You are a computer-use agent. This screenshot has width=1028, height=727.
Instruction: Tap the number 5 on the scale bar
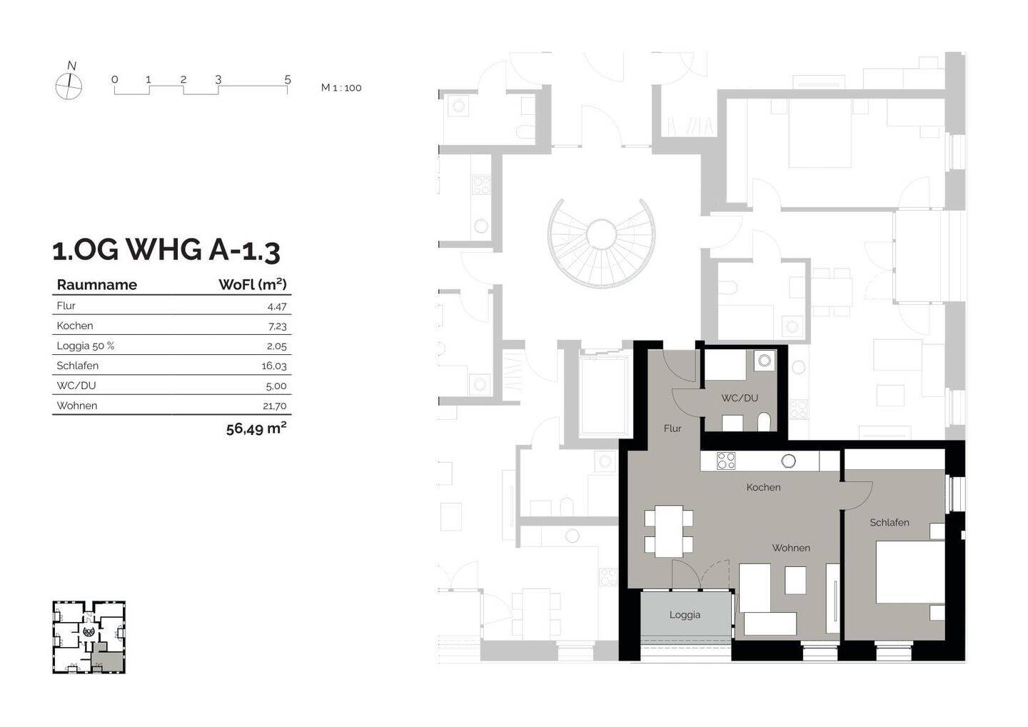coord(287,79)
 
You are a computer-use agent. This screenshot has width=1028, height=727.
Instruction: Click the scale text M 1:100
coord(341,88)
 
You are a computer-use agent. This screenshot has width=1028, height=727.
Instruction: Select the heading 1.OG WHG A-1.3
coord(166,250)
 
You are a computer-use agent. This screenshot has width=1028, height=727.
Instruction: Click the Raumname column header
coord(97,285)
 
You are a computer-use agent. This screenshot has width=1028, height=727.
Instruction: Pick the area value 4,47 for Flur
coord(277,306)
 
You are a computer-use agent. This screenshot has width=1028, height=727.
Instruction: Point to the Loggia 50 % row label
coord(86,346)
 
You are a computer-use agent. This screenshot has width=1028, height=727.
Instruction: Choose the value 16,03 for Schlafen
coord(274,366)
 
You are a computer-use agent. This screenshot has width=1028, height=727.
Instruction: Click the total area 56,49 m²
coord(256,428)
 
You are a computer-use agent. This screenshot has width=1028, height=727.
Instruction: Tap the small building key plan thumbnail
coord(89,637)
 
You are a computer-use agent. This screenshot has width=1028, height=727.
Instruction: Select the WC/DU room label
coord(740,398)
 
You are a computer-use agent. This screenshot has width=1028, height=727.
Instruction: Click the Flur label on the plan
coord(672,428)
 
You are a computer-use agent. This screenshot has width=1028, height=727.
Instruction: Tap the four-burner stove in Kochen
coord(726,461)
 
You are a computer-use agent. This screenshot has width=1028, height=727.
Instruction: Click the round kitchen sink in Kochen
coord(788,461)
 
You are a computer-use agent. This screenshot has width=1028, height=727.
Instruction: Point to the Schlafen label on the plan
coord(890,522)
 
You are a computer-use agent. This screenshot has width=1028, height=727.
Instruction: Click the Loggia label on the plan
coord(685,615)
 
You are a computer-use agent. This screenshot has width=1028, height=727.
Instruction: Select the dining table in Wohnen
coord(669,531)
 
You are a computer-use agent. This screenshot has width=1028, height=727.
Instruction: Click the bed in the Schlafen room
coord(910,572)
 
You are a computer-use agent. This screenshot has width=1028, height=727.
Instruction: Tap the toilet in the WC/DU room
coord(764,422)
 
